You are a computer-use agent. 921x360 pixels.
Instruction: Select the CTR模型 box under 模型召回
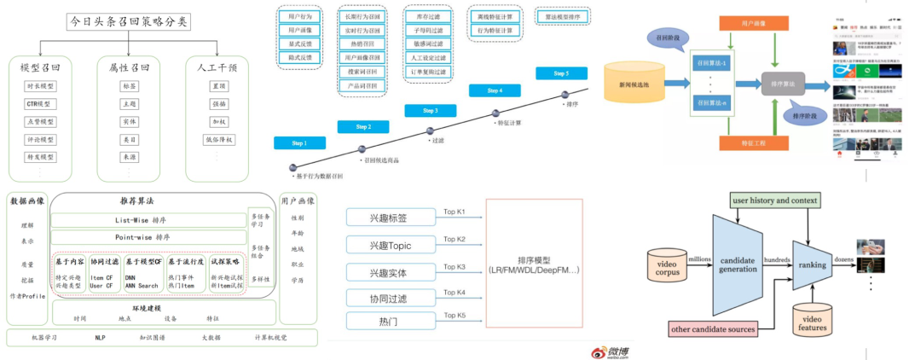click(x=40, y=103)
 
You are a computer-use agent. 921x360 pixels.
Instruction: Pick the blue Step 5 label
click(x=561, y=73)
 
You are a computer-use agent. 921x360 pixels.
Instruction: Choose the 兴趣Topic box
click(x=390, y=246)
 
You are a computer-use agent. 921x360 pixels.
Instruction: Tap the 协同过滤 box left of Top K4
click(x=390, y=298)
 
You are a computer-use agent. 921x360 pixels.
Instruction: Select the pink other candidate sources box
click(x=712, y=328)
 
